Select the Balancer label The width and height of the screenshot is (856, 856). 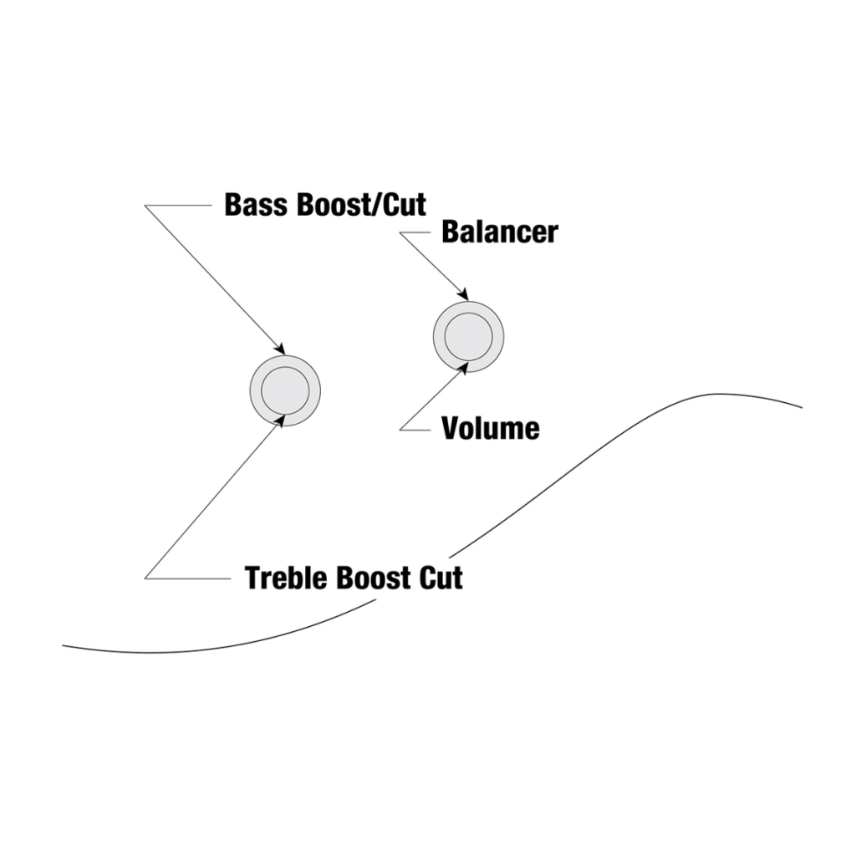(x=499, y=232)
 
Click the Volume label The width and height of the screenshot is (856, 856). (x=490, y=429)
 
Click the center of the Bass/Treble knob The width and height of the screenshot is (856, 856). (x=285, y=389)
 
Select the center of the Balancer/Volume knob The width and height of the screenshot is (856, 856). (x=468, y=336)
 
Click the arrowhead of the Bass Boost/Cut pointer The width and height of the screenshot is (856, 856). (x=283, y=351)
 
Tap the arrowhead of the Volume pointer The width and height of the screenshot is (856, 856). (x=463, y=365)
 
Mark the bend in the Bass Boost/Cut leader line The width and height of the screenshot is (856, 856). (x=145, y=206)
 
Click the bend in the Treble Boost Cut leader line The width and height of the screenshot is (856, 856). (x=145, y=578)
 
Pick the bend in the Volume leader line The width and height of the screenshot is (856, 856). (x=400, y=430)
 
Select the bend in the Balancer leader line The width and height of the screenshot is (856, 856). (x=400, y=232)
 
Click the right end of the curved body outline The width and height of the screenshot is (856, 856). (x=802, y=407)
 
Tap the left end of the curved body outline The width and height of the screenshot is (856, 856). (x=64, y=645)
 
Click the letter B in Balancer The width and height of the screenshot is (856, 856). (x=451, y=232)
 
